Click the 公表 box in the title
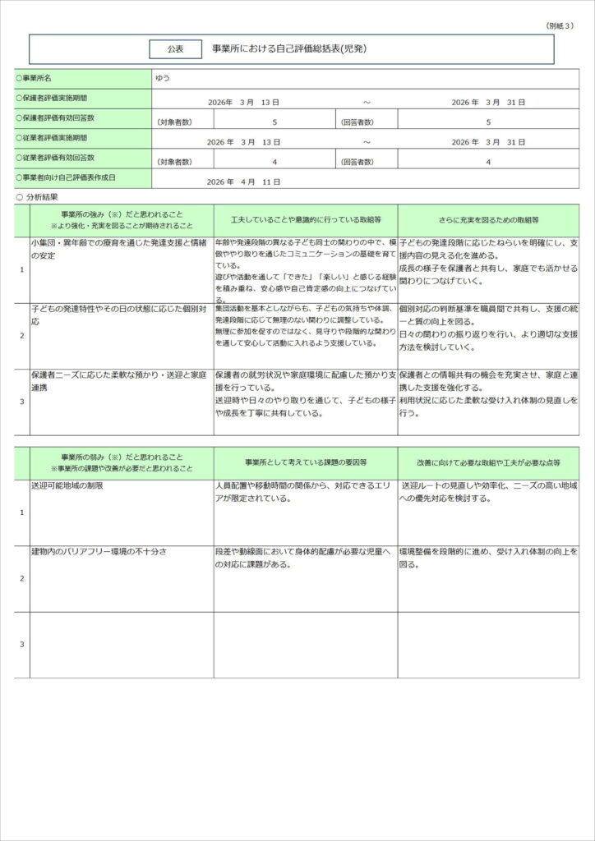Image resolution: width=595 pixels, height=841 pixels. (175, 49)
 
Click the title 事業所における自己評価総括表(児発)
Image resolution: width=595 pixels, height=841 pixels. (289, 49)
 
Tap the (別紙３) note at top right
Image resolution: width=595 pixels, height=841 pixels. (560, 26)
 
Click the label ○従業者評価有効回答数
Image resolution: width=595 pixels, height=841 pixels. (56, 158)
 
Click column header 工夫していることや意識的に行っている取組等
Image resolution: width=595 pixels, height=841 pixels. (306, 221)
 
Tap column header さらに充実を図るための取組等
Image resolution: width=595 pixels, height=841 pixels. (489, 221)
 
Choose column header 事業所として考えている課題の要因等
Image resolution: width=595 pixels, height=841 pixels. (306, 462)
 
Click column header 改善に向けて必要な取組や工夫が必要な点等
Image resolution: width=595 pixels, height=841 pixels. (489, 462)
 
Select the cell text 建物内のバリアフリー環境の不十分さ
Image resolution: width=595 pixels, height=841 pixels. (99, 552)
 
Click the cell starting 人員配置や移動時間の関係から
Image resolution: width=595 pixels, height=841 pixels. (306, 492)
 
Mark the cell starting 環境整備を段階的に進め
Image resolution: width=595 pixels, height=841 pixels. (489, 558)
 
